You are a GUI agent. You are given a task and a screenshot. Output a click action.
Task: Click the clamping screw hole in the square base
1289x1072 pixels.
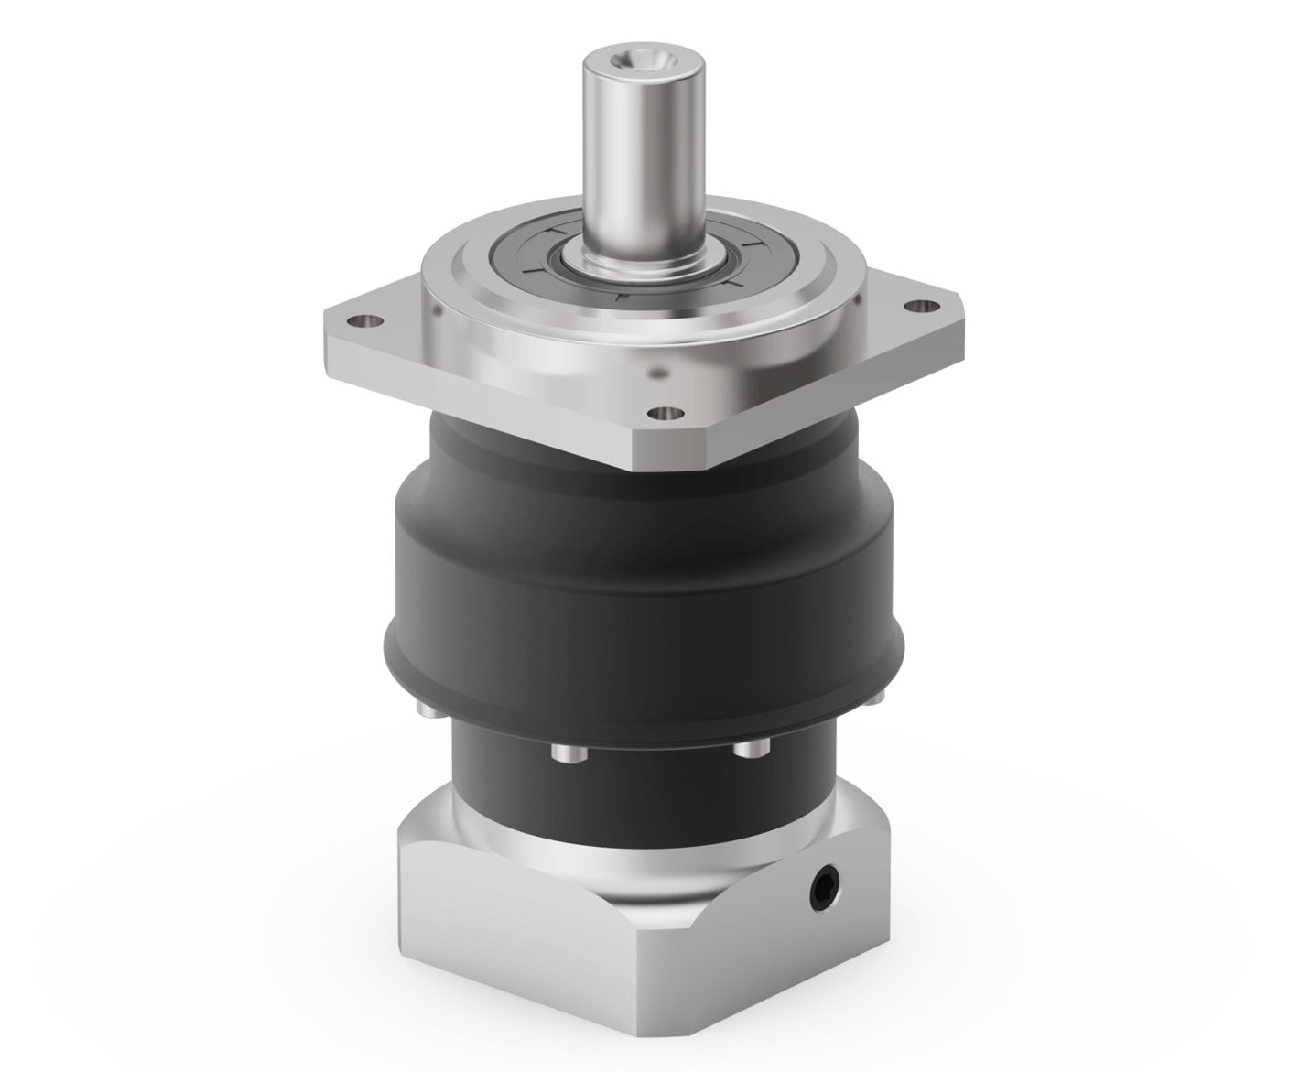point(825,886)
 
